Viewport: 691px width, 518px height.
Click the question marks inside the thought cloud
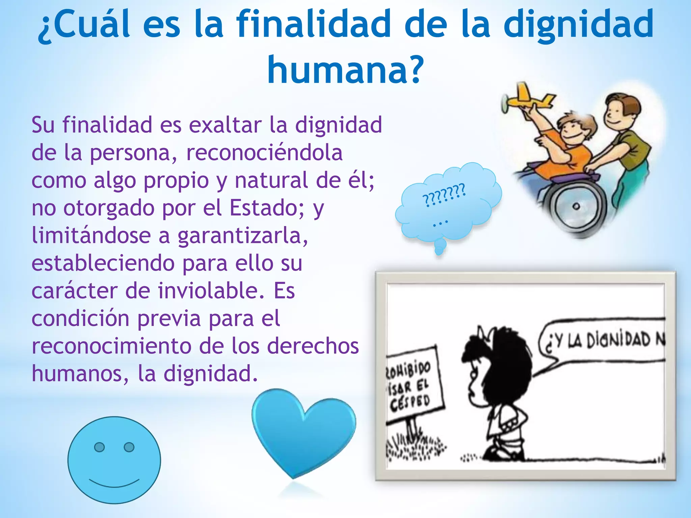pos(444,195)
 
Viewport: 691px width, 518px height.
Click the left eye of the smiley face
pos(99,447)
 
